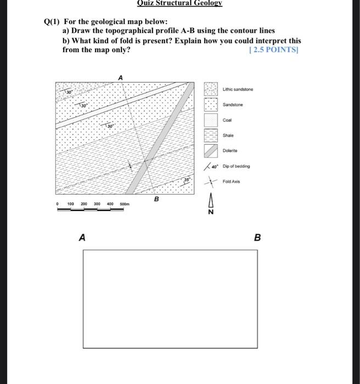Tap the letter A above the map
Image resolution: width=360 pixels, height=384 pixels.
(120, 78)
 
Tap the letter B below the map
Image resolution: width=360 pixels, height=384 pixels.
(156, 199)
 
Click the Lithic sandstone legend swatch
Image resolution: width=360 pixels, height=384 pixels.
(211, 89)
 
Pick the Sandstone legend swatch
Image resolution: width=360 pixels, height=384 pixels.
(211, 104)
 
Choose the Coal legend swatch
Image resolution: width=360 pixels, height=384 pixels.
(211, 120)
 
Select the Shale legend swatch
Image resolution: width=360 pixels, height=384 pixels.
(211, 135)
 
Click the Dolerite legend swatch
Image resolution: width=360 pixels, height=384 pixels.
(211, 150)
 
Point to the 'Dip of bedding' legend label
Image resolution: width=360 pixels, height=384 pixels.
(237, 166)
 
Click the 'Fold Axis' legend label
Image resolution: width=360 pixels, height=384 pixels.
(231, 181)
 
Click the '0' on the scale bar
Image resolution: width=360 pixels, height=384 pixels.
(58, 204)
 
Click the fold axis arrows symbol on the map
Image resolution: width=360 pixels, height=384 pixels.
(130, 166)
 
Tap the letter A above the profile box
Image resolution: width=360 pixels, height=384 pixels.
(82, 238)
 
